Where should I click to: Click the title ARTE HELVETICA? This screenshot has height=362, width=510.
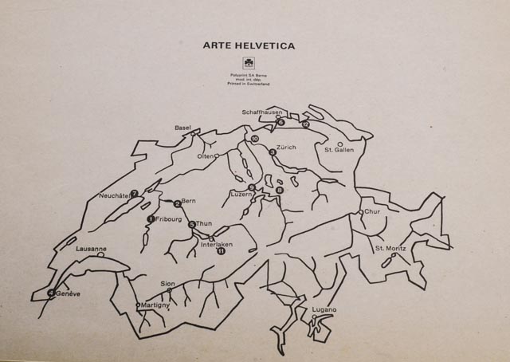click(x=249, y=46)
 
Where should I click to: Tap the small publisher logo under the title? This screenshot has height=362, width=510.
click(x=248, y=65)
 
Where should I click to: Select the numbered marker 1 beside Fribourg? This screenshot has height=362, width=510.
click(x=151, y=218)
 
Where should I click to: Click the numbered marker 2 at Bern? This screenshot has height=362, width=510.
click(x=178, y=203)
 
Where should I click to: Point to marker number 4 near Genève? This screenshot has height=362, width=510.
click(x=52, y=293)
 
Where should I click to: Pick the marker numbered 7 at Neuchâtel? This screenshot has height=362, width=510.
click(x=135, y=193)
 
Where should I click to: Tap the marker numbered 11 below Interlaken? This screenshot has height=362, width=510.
click(x=221, y=251)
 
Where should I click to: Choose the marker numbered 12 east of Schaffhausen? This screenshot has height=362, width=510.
click(x=306, y=124)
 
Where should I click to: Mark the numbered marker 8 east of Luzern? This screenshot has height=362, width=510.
click(x=280, y=190)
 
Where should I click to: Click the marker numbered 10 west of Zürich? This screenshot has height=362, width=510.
click(x=255, y=140)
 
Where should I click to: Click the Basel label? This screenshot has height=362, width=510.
click(x=183, y=128)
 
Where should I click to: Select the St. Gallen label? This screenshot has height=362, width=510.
click(x=339, y=149)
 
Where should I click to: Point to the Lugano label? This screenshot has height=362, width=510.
click(x=324, y=309)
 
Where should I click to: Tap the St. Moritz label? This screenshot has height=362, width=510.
click(x=390, y=249)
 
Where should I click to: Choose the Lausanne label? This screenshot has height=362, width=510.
click(x=91, y=249)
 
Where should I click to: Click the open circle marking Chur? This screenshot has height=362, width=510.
click(x=361, y=211)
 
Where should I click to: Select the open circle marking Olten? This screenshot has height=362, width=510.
click(x=217, y=156)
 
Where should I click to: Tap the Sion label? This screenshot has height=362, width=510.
click(x=167, y=283)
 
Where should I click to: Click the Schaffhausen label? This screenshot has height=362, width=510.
click(x=263, y=112)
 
